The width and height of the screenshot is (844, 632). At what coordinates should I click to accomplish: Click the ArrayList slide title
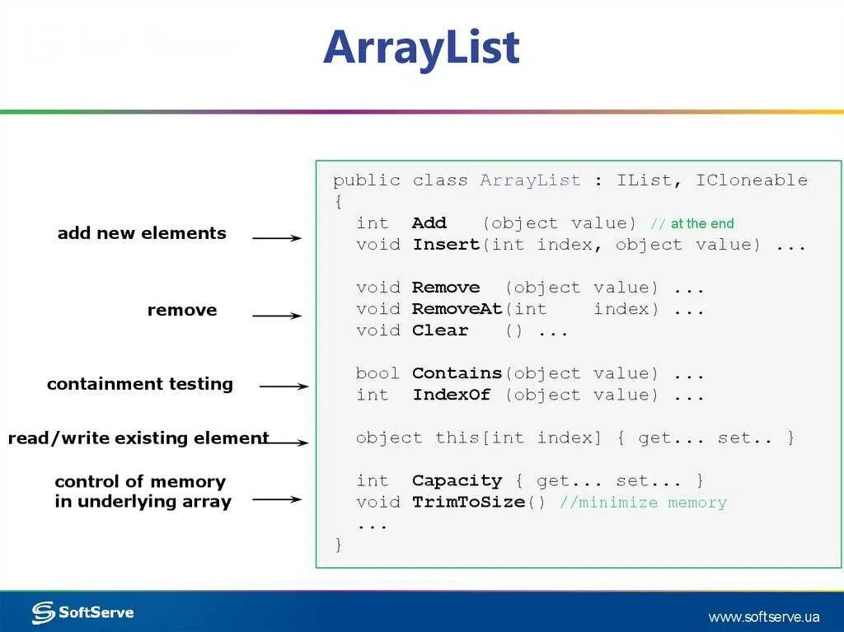click(x=421, y=47)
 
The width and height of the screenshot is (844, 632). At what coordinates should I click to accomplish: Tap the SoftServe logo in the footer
click(x=82, y=612)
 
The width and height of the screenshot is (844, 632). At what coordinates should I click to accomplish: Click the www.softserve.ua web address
click(x=764, y=616)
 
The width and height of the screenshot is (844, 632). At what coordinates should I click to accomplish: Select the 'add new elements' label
click(x=142, y=233)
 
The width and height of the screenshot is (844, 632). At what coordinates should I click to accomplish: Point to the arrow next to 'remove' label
click(x=277, y=316)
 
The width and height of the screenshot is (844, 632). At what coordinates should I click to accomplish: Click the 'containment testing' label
click(x=140, y=384)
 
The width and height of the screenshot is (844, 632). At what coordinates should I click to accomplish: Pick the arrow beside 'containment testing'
click(x=284, y=386)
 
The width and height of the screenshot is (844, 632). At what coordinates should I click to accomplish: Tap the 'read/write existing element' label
click(x=138, y=438)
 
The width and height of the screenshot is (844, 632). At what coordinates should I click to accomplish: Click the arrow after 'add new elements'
click(x=277, y=238)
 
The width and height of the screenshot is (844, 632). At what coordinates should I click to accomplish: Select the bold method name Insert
click(x=446, y=245)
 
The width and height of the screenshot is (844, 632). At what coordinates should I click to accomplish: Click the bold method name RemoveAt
click(x=457, y=309)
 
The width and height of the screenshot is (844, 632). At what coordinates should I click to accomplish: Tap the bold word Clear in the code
click(x=440, y=330)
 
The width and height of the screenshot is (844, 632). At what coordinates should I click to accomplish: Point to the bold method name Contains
click(x=457, y=373)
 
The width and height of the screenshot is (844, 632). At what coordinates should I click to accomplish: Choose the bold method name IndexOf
click(x=452, y=395)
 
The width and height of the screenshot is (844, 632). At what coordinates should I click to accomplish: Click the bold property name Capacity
click(x=457, y=480)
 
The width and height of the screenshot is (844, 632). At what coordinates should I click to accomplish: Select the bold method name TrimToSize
click(x=468, y=502)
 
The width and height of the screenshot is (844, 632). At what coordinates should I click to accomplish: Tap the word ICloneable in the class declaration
click(x=752, y=180)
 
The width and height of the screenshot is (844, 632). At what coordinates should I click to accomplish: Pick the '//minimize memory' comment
click(x=643, y=502)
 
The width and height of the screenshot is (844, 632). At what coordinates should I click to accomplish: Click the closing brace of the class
click(x=338, y=545)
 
